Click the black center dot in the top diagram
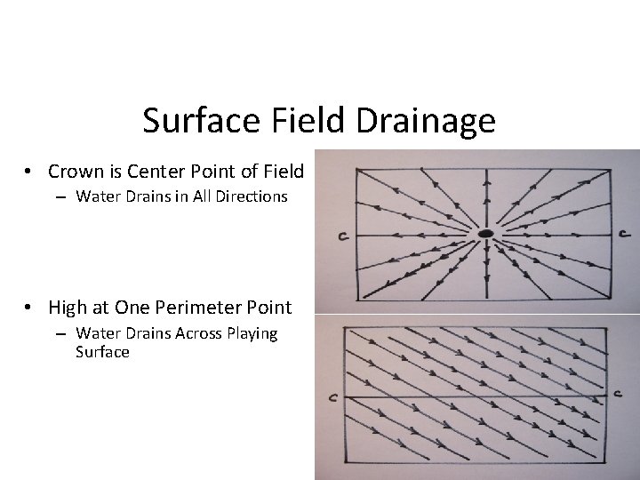pyautogui.click(x=485, y=233)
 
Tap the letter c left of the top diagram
pyautogui.click(x=341, y=236)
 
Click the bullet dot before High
pyautogui.click(x=30, y=308)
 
